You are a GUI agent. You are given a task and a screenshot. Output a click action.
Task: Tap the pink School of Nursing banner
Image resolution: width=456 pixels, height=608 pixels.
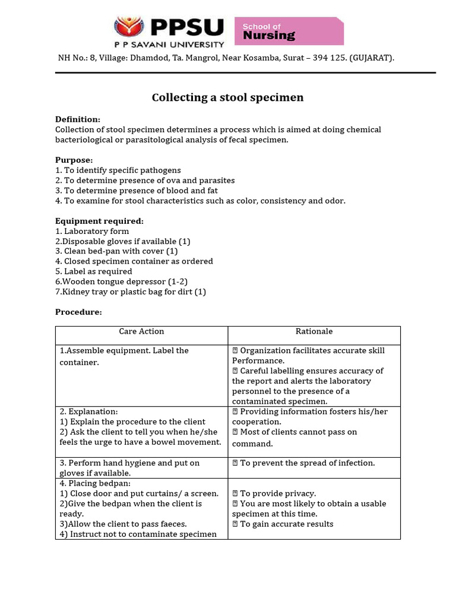point(289,31)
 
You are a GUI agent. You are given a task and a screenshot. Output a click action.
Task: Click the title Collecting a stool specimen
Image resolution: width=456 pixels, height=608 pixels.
point(227,97)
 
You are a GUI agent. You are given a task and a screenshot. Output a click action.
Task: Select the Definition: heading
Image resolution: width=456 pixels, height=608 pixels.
point(78,119)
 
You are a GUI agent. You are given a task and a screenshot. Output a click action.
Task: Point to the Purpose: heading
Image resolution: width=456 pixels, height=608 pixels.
point(74,160)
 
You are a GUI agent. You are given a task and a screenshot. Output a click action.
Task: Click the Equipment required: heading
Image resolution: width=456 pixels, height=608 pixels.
point(99,221)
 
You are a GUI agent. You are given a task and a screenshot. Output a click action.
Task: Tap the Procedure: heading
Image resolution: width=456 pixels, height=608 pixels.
point(78,312)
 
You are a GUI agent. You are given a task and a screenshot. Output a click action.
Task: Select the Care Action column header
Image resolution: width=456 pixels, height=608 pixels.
point(141,331)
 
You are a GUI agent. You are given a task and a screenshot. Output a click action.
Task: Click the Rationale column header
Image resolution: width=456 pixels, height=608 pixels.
point(314,331)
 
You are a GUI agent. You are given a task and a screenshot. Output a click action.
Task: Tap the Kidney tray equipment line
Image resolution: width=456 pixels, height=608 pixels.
point(130,292)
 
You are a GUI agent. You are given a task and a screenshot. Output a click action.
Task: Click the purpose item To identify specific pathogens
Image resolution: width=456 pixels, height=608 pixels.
point(118,170)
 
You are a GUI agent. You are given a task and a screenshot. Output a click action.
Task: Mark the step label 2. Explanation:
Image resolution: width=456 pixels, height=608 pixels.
point(88,411)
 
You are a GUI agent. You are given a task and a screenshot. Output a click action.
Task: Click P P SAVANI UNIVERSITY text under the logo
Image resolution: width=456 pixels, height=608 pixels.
point(169,44)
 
